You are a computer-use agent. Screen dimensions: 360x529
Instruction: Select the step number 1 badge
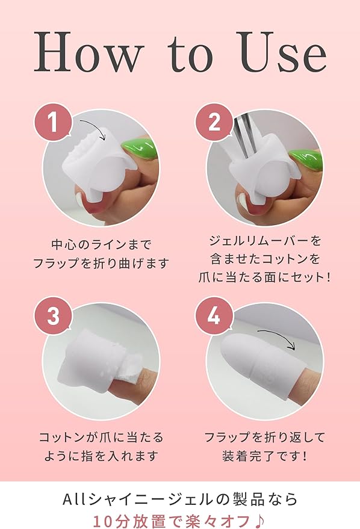tap(54, 121)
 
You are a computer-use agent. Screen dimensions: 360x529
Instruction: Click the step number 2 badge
tap(215, 121)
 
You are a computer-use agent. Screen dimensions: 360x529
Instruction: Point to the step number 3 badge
tap(54, 315)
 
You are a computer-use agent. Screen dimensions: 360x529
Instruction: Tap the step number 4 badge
tap(215, 315)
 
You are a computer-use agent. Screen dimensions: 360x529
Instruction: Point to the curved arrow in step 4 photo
tap(282, 335)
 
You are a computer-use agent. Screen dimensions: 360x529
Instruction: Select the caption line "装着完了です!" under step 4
tap(264, 456)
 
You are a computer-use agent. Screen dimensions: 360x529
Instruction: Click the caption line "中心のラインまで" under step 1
tap(101, 244)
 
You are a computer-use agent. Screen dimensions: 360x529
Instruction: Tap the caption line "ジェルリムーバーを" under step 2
tap(264, 241)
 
